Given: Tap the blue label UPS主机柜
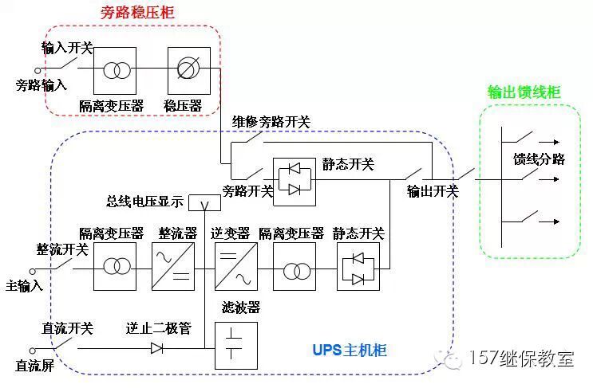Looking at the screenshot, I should (348, 351).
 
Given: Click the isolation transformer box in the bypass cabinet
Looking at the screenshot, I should (115, 71).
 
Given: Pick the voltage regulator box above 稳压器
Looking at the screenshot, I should (188, 71).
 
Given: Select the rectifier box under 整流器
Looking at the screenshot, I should (172, 266).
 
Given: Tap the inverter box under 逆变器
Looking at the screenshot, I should (235, 266).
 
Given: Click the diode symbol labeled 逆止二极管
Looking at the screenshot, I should (156, 347).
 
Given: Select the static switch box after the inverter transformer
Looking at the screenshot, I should (358, 266).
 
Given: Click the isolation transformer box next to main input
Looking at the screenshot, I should (115, 266).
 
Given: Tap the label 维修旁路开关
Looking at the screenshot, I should (271, 123).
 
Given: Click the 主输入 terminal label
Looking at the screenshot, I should (24, 284).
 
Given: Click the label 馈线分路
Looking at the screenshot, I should (539, 159).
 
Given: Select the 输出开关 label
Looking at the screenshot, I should (433, 191).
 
